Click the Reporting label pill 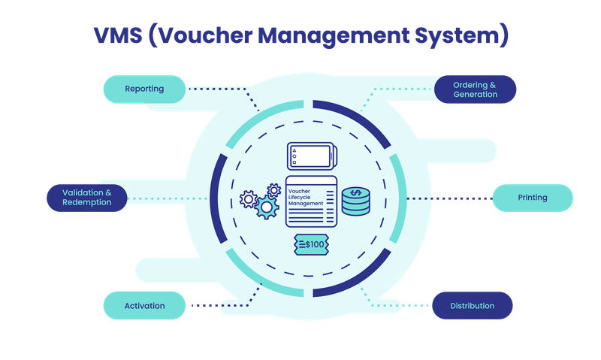pyautogui.click(x=144, y=89)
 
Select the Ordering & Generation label pyautogui.click(x=475, y=89)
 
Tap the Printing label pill pyautogui.click(x=532, y=198)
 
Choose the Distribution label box pyautogui.click(x=472, y=306)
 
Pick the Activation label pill pyautogui.click(x=144, y=306)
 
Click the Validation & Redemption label pyautogui.click(x=87, y=198)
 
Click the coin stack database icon pyautogui.click(x=355, y=202)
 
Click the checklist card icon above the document pyautogui.click(x=310, y=157)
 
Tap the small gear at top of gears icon pyautogui.click(x=273, y=189)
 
